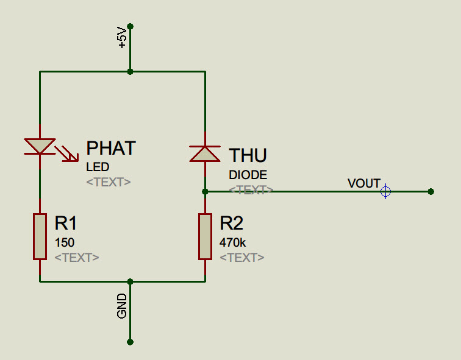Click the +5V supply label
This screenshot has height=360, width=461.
122,37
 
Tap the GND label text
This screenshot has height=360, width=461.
122,306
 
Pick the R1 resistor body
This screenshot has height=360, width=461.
40,237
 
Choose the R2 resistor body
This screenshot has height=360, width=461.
205,237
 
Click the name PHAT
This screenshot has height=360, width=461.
111,148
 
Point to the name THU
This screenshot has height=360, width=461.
248,155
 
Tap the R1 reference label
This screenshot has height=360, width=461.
66,223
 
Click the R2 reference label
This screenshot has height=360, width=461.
231,223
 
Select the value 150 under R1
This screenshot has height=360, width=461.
65,242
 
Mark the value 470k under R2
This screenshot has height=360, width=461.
232,242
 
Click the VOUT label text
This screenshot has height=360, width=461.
364,183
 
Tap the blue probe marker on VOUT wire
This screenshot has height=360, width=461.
386,191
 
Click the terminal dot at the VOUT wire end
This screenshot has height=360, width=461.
431,192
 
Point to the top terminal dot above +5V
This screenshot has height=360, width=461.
130,26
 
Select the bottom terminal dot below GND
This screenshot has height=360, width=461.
130,342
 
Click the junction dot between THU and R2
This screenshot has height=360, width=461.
205,192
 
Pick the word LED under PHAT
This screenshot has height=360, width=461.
98,167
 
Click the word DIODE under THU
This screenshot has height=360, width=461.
248,175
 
